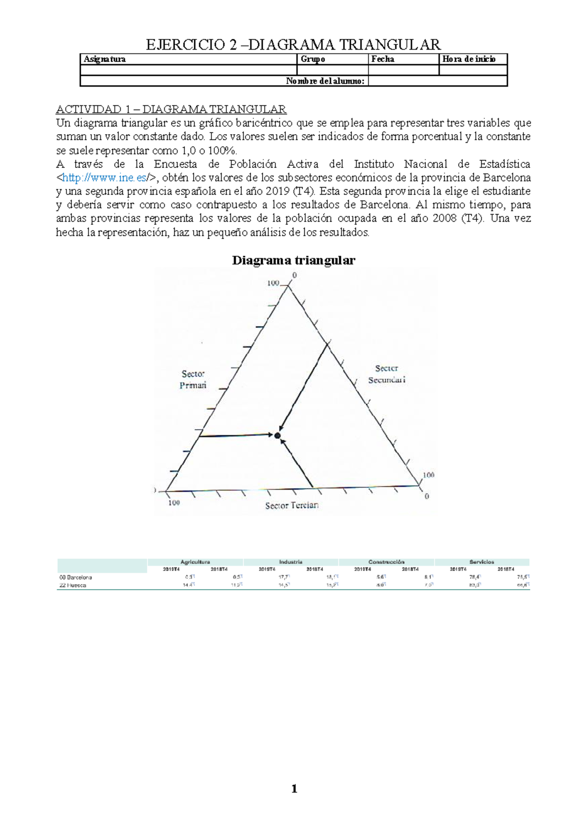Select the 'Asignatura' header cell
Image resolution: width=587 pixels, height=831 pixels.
point(105,59)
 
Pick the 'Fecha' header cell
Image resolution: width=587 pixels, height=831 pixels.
point(383,59)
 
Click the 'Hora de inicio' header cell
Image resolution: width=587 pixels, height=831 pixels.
point(469,59)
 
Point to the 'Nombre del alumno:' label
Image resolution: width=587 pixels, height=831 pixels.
point(325,81)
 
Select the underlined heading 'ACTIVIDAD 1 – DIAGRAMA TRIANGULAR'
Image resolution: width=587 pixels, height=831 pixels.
point(171,109)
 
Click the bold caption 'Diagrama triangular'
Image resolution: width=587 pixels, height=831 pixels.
point(293,260)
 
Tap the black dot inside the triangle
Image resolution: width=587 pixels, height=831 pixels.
point(277,435)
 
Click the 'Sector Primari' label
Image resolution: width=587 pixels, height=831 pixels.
point(193,379)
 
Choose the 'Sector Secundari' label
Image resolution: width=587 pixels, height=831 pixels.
point(387,374)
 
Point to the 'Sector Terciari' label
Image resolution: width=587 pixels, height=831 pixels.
point(292,506)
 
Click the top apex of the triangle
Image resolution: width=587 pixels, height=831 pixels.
point(289,287)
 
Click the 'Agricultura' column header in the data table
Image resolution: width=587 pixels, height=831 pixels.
point(195,562)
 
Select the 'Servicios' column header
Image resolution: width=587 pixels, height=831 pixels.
point(482,562)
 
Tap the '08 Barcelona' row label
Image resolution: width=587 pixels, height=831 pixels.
point(75,577)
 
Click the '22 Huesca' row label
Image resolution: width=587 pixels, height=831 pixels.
point(72,585)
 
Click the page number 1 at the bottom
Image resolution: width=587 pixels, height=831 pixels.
point(294,788)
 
